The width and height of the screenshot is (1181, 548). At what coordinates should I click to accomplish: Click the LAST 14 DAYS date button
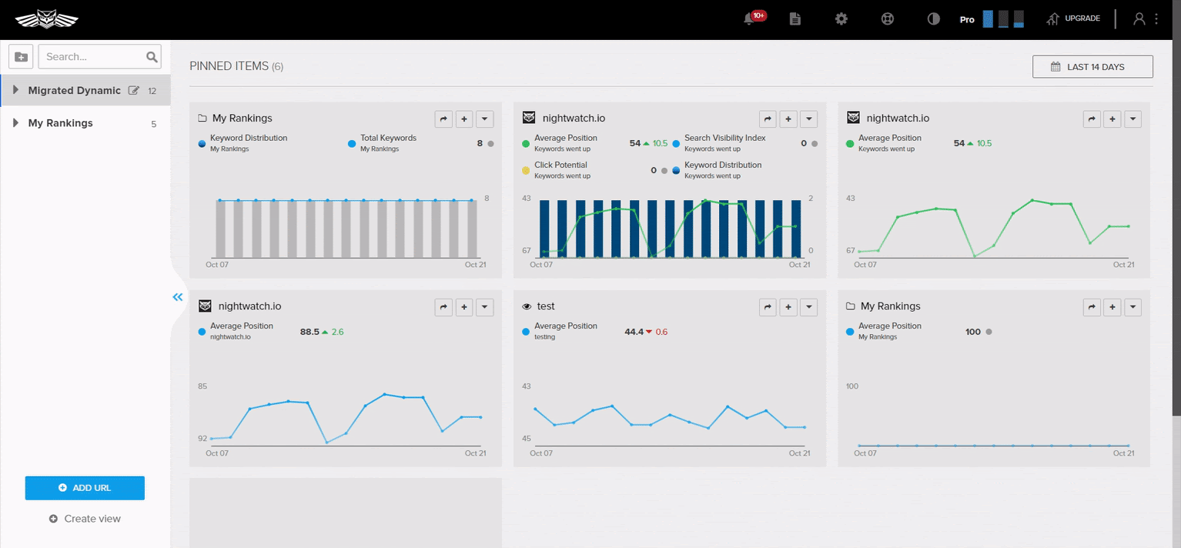pos(1092,67)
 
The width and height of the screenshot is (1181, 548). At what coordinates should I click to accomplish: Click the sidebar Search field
pos(92,57)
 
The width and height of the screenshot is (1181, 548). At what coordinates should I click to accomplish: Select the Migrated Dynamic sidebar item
pos(74,91)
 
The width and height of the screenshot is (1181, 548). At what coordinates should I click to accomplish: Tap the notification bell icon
pos(748,19)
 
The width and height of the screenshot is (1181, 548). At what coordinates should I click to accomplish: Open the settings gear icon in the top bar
pos(841,19)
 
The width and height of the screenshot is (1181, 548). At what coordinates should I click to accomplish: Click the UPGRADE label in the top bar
pos(1082,18)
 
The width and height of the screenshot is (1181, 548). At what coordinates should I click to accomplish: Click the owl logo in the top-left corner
pos(46,19)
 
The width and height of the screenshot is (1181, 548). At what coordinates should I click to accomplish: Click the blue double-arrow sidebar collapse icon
pos(178,297)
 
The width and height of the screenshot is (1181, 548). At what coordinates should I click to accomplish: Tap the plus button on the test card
pos(788,307)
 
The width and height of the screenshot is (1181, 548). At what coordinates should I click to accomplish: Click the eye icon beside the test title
pos(527,306)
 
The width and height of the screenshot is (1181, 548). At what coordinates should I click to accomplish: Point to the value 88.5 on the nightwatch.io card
pos(309,332)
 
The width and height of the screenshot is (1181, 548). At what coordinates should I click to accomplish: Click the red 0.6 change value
pos(661,332)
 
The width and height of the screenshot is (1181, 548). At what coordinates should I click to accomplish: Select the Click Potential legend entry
pos(560,165)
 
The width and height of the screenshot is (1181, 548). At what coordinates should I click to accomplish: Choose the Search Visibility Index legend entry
pos(724,139)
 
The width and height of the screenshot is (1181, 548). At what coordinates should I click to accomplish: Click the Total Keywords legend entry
pos(387,139)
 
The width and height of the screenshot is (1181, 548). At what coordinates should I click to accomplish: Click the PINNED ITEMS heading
pos(229,66)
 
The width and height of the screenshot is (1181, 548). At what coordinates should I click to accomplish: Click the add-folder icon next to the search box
pos(21,57)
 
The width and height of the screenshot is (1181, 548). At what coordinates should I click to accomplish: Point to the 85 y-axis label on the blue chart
pos(202,386)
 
